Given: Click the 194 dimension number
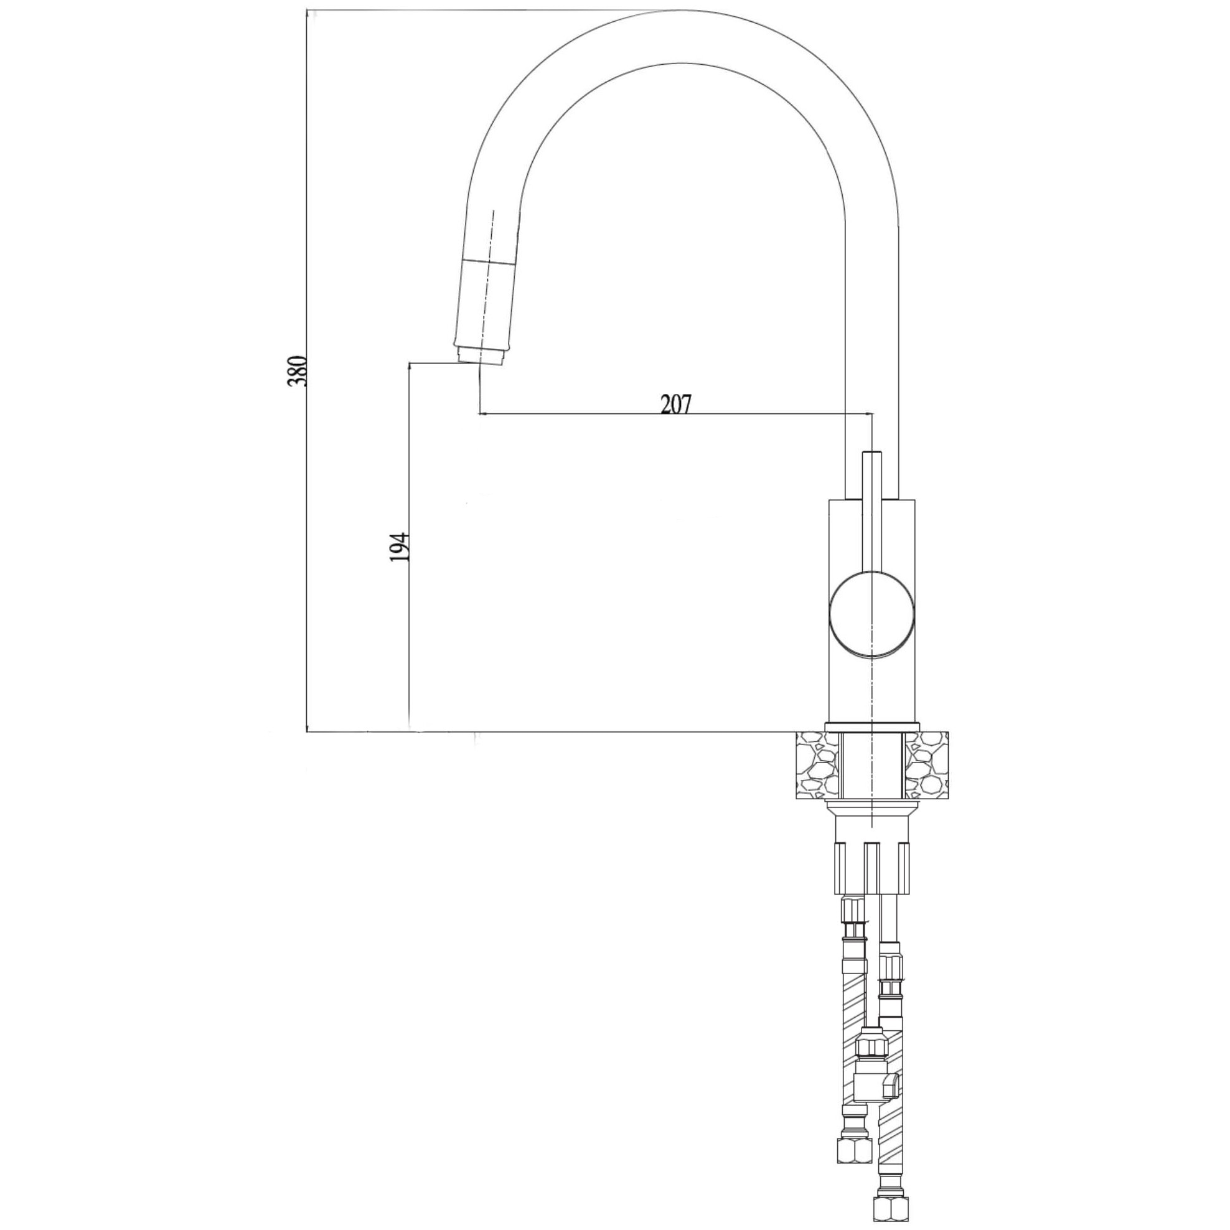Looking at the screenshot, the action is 399,547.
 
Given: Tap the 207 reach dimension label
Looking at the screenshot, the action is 675,404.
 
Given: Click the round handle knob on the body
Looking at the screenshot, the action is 871,614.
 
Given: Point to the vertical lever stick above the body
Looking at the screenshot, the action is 871,509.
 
